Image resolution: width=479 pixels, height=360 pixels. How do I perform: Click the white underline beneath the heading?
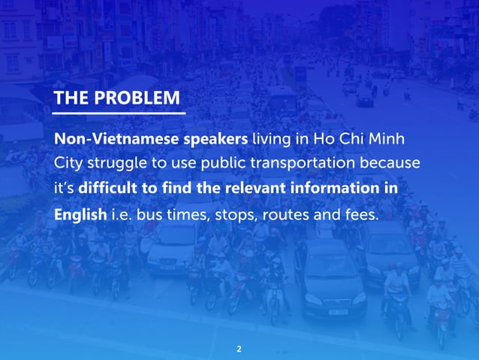[119, 113]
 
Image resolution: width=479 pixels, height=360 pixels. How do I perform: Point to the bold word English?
[80, 214]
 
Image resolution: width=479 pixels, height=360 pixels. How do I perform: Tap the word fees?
[363, 214]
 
